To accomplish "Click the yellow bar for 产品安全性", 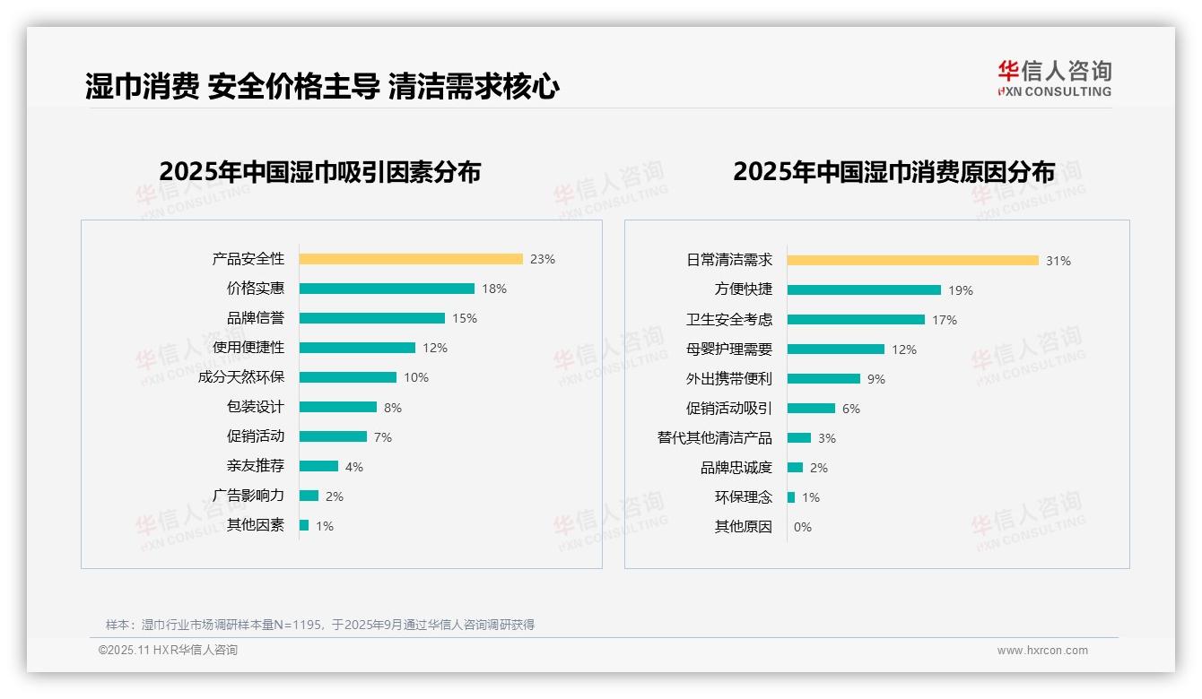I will pyautogui.click(x=411, y=259).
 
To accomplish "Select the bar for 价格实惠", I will pyautogui.click(x=387, y=289).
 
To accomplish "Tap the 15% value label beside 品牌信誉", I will pyautogui.click(x=465, y=318).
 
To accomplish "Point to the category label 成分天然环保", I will pyautogui.click(x=241, y=377).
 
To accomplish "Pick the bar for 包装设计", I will pyautogui.click(x=338, y=407).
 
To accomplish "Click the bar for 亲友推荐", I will pyautogui.click(x=318, y=466).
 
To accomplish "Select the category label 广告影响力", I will pyautogui.click(x=248, y=496).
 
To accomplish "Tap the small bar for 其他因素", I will pyautogui.click(x=304, y=525).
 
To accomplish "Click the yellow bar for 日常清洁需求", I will pyautogui.click(x=913, y=261).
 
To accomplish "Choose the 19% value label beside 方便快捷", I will pyautogui.click(x=961, y=290).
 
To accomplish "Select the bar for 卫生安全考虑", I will pyautogui.click(x=856, y=320).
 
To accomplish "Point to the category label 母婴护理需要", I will pyautogui.click(x=729, y=349).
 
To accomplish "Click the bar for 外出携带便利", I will pyautogui.click(x=823, y=379).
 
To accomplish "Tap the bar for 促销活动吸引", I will pyautogui.click(x=811, y=409).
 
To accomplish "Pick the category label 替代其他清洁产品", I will pyautogui.click(x=715, y=438).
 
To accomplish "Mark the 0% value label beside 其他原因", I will pyautogui.click(x=803, y=527).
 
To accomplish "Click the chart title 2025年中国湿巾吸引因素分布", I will pyautogui.click(x=320, y=171).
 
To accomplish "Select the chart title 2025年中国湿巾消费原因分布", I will pyautogui.click(x=893, y=171).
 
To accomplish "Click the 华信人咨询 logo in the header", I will pyautogui.click(x=1054, y=78).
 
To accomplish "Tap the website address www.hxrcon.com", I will pyautogui.click(x=1042, y=651).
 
